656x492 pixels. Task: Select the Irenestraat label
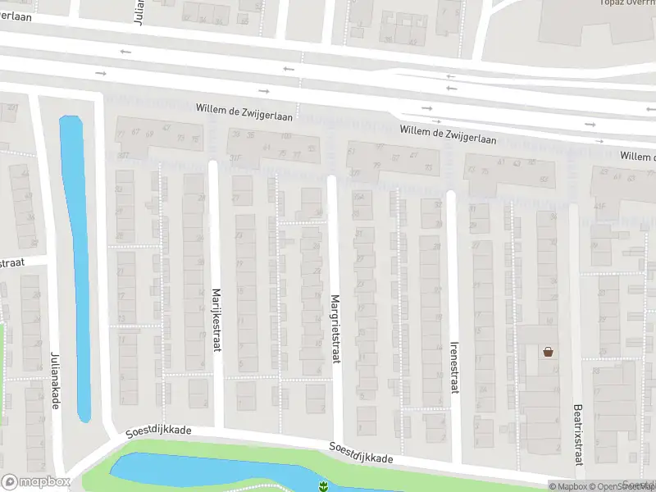453,367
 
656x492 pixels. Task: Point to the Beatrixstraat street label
577,435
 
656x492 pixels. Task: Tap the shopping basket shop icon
548,352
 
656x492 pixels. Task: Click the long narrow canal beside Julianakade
76,262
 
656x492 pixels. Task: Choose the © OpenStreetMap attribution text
627,486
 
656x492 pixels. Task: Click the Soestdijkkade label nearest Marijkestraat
158,430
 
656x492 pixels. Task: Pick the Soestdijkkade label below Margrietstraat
361,453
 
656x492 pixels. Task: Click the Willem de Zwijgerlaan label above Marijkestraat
244,108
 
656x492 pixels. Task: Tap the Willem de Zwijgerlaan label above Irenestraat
448,135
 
